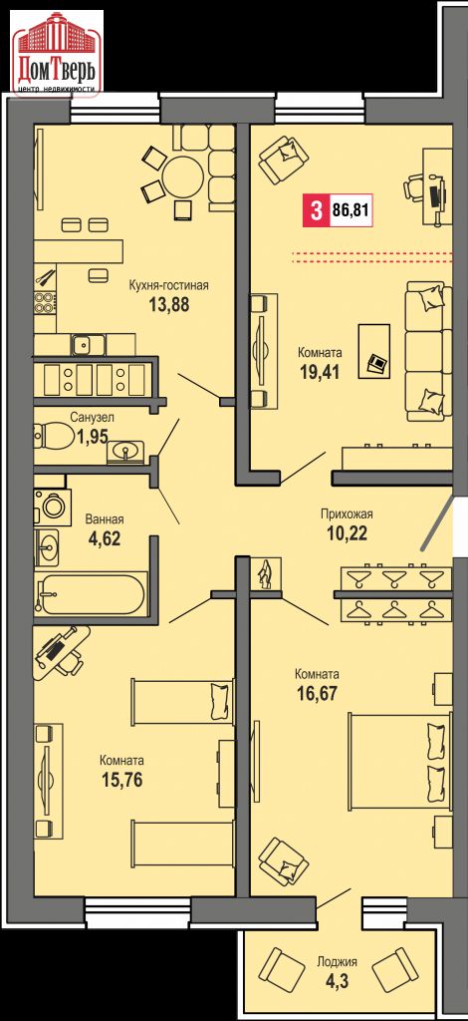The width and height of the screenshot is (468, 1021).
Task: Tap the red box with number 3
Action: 317,211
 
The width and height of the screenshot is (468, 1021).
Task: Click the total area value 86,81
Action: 351,211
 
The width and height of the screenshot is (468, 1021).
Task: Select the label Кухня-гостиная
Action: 167,285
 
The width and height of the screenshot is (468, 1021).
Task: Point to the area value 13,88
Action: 168,304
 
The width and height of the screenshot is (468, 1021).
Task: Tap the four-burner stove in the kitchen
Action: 45,303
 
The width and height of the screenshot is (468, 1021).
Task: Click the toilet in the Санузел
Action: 55,435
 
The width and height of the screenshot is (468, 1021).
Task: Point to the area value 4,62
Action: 105,539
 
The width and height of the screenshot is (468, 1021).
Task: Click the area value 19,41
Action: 320,371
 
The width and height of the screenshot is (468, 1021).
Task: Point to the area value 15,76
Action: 122,779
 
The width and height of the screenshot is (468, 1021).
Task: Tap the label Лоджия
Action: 337,961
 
